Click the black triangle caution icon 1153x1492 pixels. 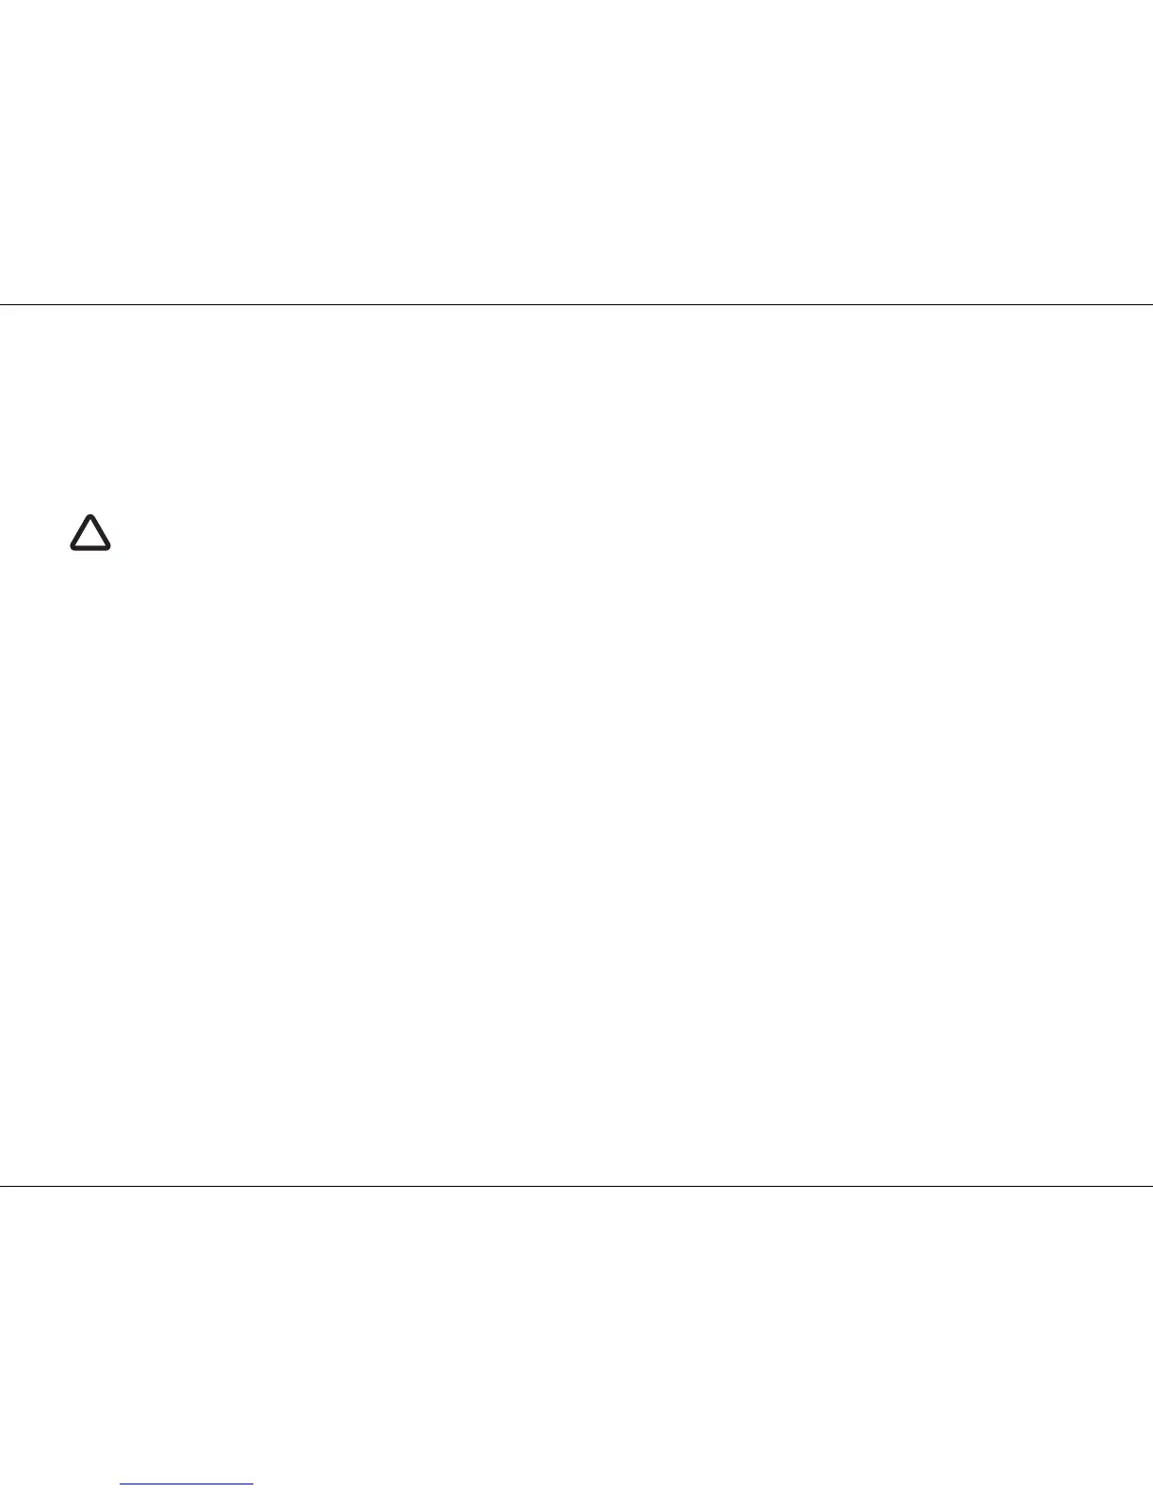90,533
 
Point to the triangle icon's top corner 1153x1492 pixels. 90,516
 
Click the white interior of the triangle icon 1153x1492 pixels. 90,536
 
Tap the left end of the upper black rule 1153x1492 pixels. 1,304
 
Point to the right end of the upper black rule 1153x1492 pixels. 1151,304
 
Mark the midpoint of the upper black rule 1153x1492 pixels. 576,304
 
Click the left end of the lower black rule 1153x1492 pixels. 1,1185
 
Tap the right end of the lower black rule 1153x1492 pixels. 1151,1185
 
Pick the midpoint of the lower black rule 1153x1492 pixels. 576,1185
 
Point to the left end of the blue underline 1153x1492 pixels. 122,1484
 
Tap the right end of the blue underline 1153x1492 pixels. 252,1484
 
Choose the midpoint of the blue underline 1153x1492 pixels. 187,1484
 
